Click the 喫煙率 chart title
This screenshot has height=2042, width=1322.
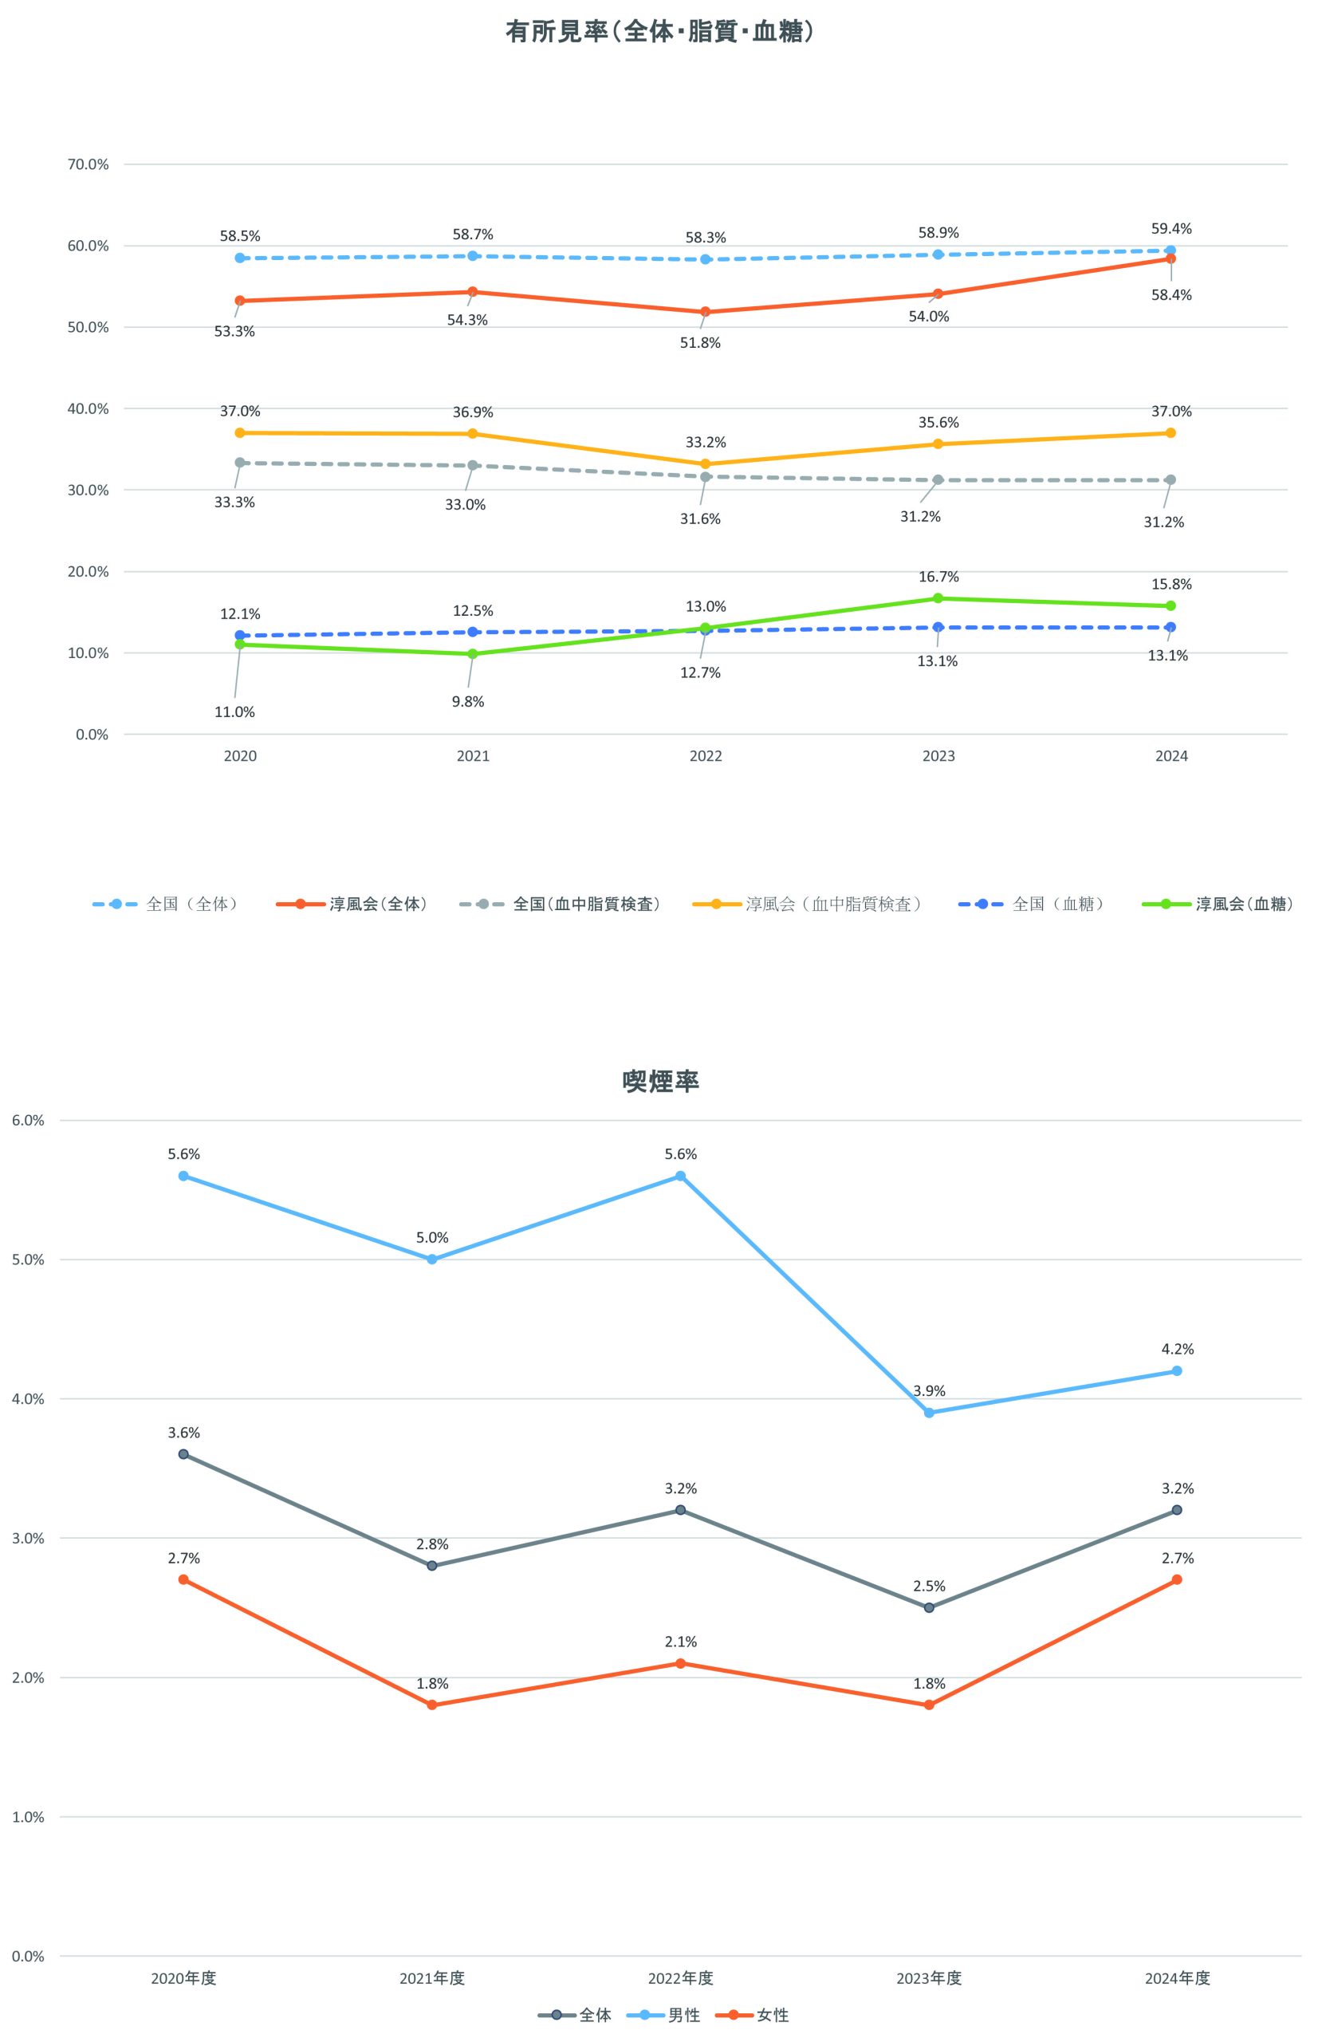(660, 1081)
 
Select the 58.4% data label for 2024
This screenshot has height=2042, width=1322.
(1171, 295)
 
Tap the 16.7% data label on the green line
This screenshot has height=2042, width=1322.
(938, 577)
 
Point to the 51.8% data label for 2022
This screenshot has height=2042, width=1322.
(700, 343)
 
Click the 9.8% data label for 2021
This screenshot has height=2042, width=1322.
(467, 702)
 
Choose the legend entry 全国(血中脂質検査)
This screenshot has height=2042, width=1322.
(587, 905)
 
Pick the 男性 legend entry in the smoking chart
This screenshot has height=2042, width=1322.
(684, 2016)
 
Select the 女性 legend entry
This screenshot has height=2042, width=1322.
(773, 2016)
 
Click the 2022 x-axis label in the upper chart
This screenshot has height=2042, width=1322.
(705, 756)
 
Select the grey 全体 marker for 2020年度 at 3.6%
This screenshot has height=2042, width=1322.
(183, 1454)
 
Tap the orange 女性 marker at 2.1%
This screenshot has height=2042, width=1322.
(680, 1664)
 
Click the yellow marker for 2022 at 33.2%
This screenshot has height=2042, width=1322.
(705, 464)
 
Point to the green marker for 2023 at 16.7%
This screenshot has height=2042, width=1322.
(938, 598)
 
